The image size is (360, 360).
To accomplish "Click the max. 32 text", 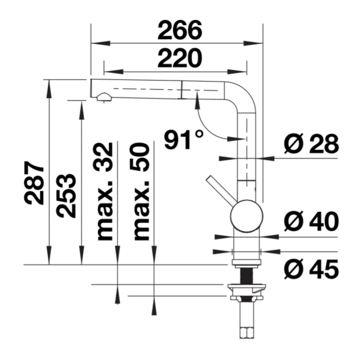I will pos(105,192).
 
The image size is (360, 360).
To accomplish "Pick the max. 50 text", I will pos(141,192).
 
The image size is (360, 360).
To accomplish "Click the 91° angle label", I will pos(183,140).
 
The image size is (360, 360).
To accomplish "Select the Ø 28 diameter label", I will pos(311,144).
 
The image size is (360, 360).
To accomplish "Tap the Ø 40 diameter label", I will pos(311,222).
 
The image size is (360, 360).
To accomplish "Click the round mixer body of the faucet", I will pos(246,216).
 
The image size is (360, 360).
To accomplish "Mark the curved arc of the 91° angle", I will pos(206,127).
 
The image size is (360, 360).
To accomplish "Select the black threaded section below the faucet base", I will pos(246,275).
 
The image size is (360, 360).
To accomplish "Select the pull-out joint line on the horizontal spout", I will pos(182,89).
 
